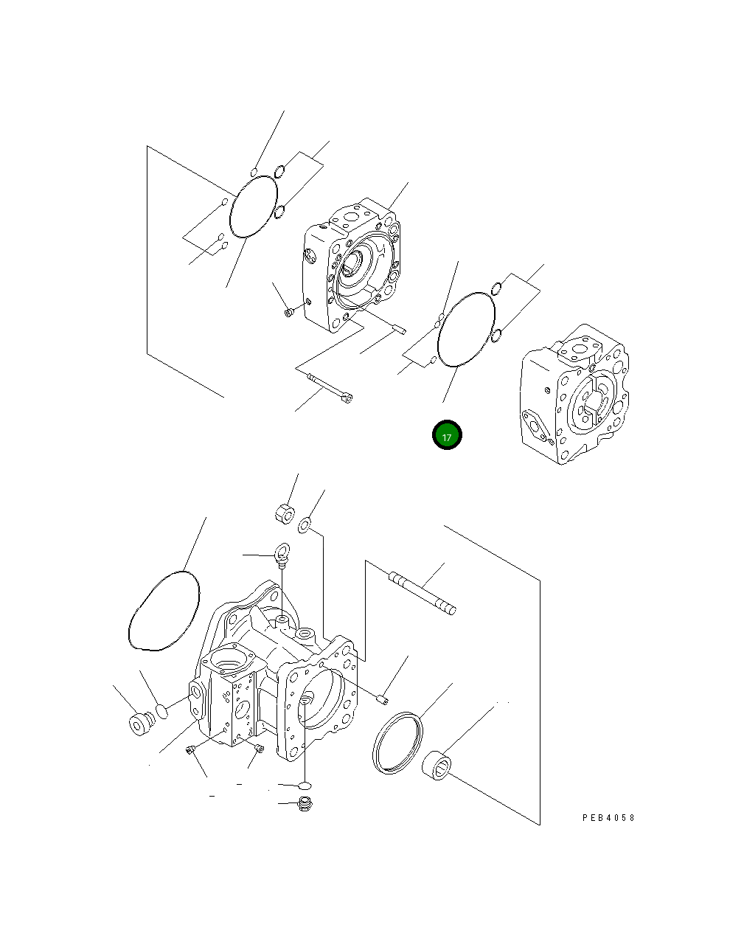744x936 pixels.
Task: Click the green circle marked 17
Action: tap(446, 435)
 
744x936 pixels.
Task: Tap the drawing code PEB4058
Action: tap(608, 818)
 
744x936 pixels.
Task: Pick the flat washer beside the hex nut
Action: tap(305, 525)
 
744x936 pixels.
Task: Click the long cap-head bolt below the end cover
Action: tap(330, 388)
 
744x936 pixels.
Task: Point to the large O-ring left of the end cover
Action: tap(253, 206)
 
